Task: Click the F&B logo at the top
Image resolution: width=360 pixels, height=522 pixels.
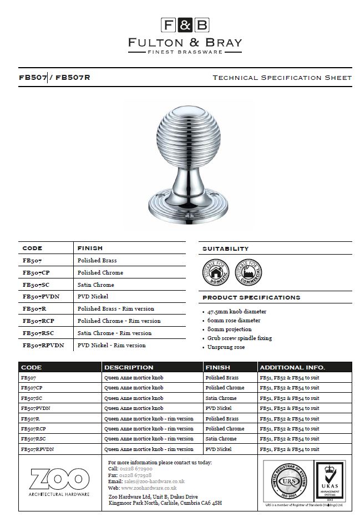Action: tap(185, 25)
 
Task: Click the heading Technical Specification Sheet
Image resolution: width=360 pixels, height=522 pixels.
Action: tap(282, 78)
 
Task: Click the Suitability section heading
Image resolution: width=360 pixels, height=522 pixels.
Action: tap(225, 249)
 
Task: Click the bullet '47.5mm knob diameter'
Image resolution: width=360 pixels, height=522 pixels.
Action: tap(237, 312)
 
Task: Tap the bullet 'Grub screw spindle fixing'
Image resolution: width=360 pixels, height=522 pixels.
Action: tap(240, 338)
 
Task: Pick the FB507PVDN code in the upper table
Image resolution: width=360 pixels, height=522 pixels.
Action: tap(41, 297)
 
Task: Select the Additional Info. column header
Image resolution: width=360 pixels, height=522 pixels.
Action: tap(292, 367)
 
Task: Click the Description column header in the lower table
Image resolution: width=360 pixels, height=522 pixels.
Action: tap(129, 367)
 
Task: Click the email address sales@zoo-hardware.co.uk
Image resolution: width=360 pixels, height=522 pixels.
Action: tap(154, 482)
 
